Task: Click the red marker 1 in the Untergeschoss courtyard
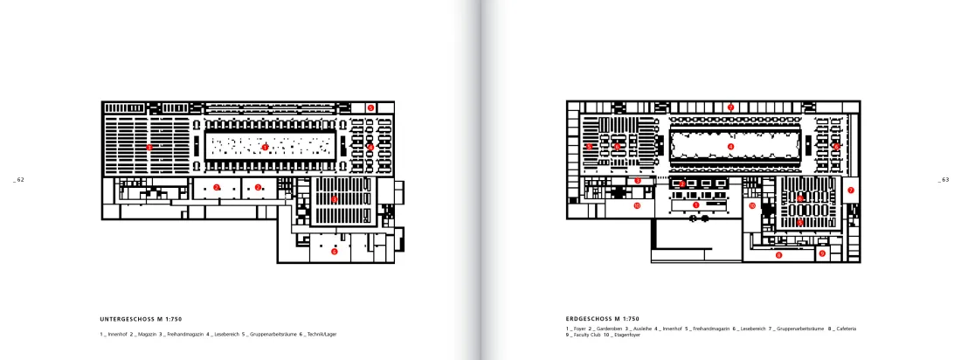264,147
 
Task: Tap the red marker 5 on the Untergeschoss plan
370,107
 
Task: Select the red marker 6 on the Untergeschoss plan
334,251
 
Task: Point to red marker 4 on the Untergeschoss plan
370,147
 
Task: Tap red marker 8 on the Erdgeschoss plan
778,255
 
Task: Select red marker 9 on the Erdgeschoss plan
822,253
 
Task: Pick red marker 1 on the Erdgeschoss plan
696,204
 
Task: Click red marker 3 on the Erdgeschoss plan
638,181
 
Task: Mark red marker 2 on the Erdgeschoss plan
682,183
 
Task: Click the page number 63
943,179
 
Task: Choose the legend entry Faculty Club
585,335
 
